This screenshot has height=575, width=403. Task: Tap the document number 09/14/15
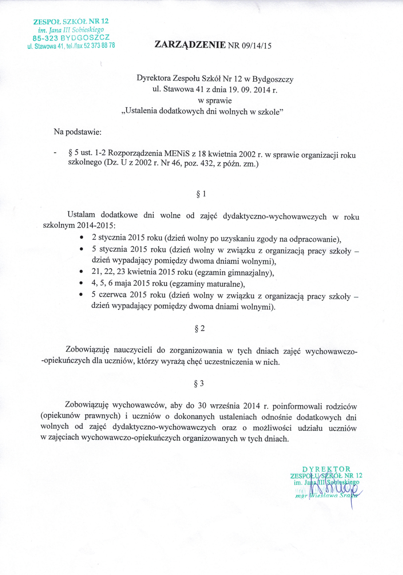(x=256, y=46)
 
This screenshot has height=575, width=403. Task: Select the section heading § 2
(x=200, y=328)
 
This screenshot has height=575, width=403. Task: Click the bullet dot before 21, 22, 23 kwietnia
(x=81, y=272)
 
